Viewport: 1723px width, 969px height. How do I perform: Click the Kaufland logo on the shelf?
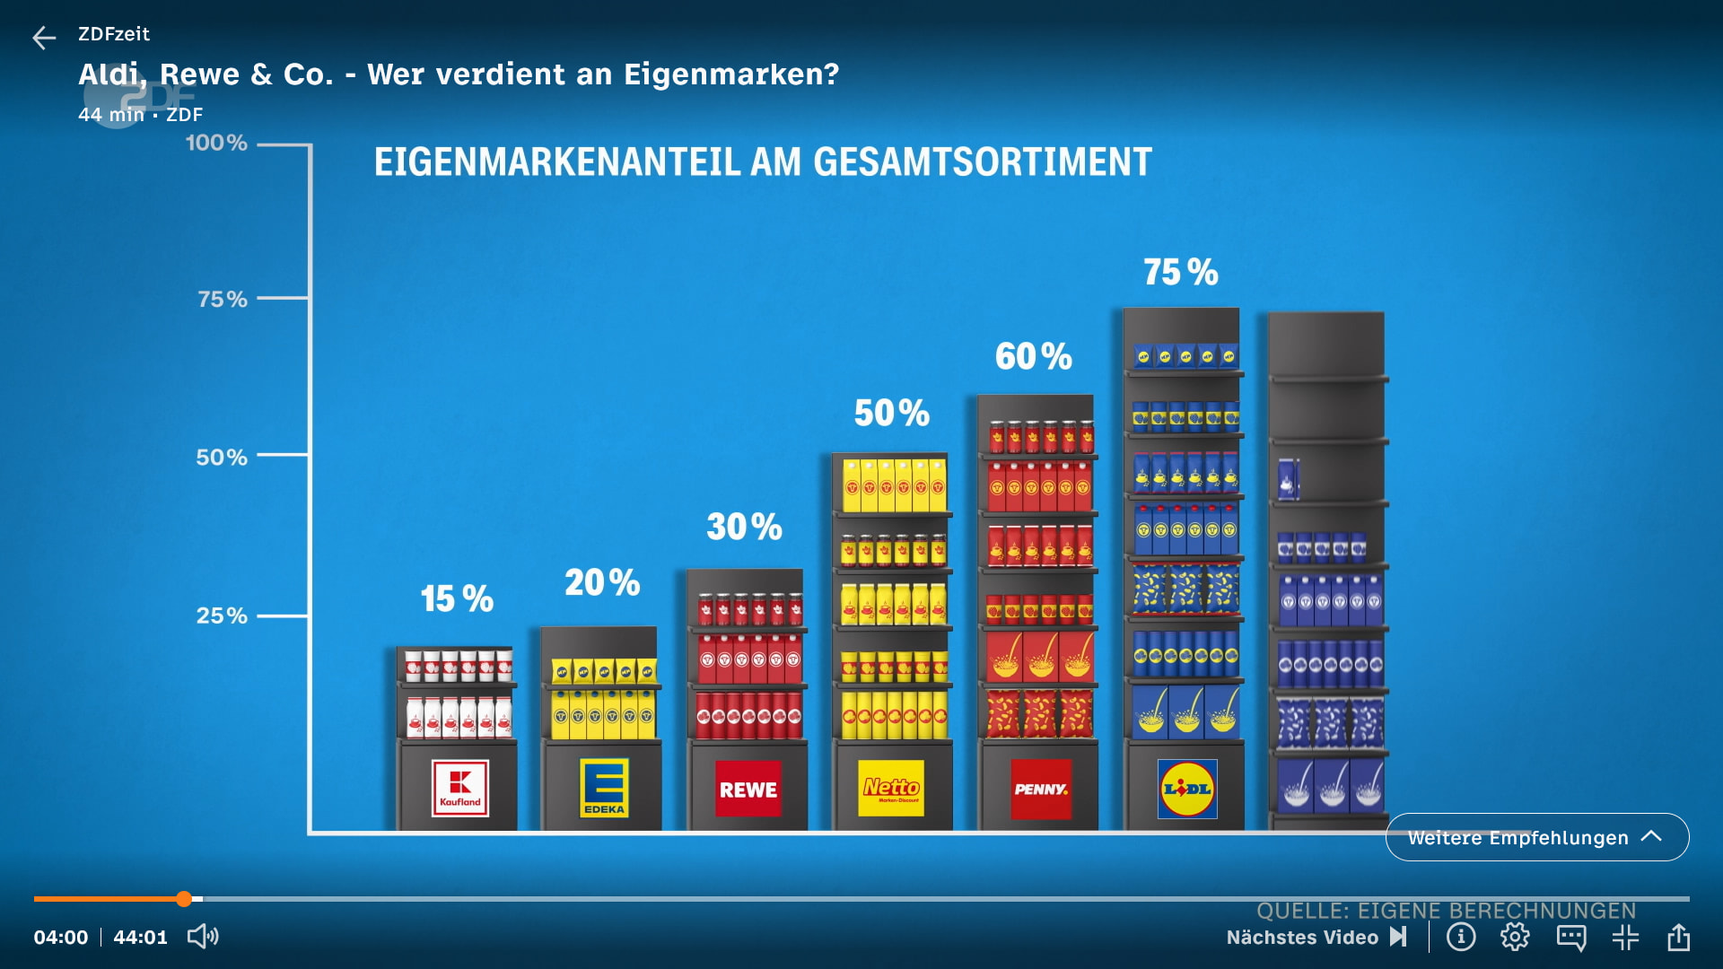pyautogui.click(x=459, y=788)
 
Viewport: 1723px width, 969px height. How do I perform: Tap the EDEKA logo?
pyautogui.click(x=604, y=787)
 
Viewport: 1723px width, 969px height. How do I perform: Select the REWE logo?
pyautogui.click(x=748, y=789)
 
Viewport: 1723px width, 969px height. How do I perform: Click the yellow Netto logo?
pyautogui.click(x=891, y=788)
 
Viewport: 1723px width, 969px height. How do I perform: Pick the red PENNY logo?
pyautogui.click(x=1041, y=789)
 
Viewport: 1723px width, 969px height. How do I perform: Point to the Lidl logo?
pyautogui.click(x=1187, y=789)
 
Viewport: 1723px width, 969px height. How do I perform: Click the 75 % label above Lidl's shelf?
pyautogui.click(x=1181, y=272)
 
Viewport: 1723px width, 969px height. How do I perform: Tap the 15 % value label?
pyautogui.click(x=458, y=598)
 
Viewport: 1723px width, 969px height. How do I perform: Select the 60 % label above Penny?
pyautogui.click(x=1034, y=356)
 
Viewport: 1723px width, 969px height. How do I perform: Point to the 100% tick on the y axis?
pyautogui.click(x=216, y=143)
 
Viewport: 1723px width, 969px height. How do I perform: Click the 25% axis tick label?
pyautogui.click(x=222, y=615)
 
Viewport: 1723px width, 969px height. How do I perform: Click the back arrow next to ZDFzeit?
pyautogui.click(x=44, y=37)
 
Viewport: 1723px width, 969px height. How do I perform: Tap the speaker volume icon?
pyautogui.click(x=203, y=937)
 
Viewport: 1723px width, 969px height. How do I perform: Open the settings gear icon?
pyautogui.click(x=1515, y=937)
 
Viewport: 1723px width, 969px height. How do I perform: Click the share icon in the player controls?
pyautogui.click(x=1678, y=937)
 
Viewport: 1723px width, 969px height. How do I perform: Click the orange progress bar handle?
pyautogui.click(x=184, y=898)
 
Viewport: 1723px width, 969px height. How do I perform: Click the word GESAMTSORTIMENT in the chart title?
pyautogui.click(x=983, y=162)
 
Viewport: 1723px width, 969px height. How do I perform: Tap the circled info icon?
pyautogui.click(x=1461, y=937)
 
